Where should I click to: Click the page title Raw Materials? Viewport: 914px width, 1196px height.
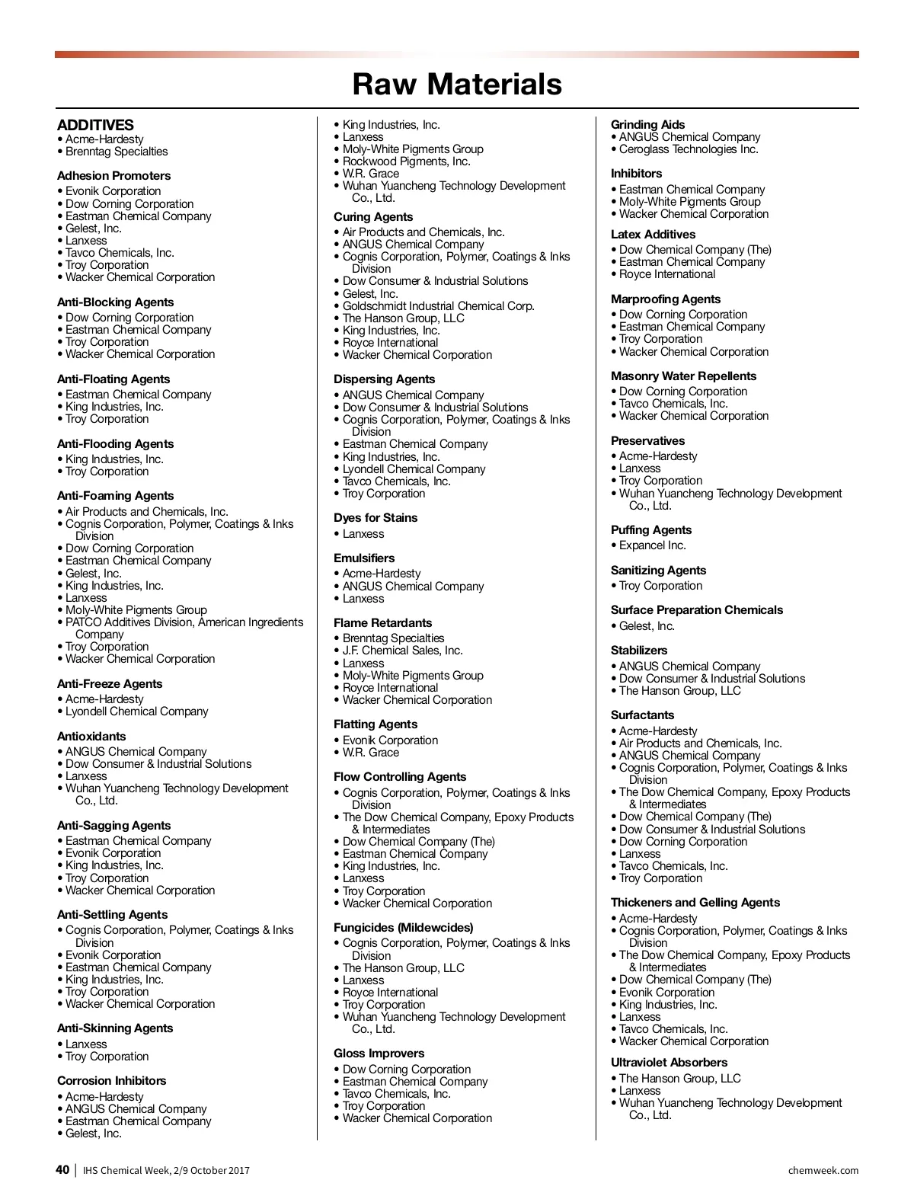click(x=457, y=84)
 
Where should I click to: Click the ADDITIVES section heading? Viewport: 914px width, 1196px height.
click(x=95, y=125)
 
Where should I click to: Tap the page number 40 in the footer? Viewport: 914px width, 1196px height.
click(x=62, y=1170)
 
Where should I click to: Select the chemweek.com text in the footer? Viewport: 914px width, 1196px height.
click(x=823, y=1171)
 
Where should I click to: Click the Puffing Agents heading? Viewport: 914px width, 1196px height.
click(x=651, y=530)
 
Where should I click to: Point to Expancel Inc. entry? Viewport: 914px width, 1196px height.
click(x=652, y=545)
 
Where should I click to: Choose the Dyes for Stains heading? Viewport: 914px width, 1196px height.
click(x=376, y=518)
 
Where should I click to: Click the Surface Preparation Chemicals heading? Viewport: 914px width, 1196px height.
click(x=696, y=610)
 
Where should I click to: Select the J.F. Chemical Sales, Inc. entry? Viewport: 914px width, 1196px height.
click(x=402, y=651)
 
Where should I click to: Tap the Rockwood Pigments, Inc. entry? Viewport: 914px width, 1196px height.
click(x=406, y=161)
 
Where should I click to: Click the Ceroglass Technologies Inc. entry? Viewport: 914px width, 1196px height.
click(x=689, y=149)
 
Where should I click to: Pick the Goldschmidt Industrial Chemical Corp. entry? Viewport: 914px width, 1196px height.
click(x=438, y=306)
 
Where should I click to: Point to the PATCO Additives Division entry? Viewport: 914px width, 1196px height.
click(x=184, y=622)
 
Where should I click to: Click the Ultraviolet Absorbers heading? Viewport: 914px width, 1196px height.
click(x=669, y=1063)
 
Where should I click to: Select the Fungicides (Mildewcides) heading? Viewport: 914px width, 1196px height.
click(x=403, y=928)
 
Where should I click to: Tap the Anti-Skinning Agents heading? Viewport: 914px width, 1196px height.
click(x=115, y=1028)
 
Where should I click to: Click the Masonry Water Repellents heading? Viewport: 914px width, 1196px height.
click(x=683, y=376)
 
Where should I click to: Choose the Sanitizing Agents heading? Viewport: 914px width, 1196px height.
click(x=658, y=571)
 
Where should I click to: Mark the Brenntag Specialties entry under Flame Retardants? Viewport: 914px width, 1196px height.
click(x=393, y=638)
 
